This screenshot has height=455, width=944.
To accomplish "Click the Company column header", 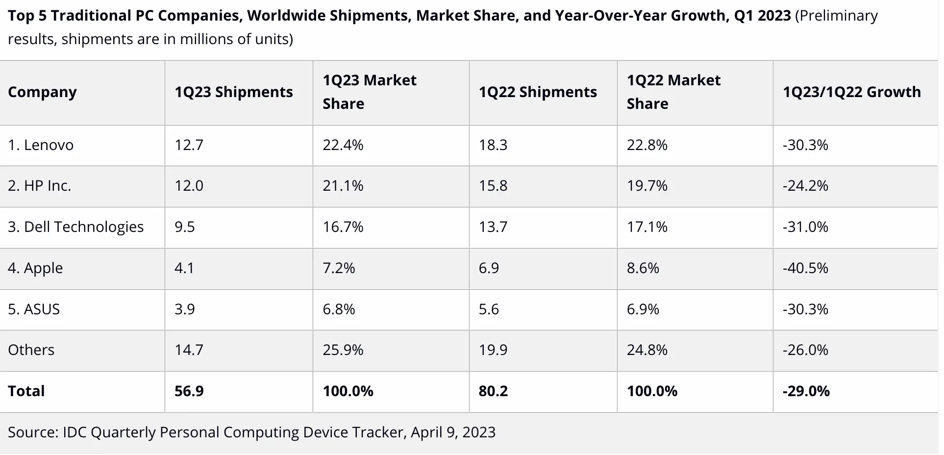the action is (42, 92).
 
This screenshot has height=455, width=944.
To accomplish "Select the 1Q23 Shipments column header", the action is (234, 92).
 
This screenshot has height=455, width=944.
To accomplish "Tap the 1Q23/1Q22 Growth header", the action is (852, 92).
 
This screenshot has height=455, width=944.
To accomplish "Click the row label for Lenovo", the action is (41, 145).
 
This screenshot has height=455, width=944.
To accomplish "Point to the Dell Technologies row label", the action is (76, 227).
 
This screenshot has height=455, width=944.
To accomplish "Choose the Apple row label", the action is (35, 268).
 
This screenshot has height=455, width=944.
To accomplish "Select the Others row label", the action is (31, 350).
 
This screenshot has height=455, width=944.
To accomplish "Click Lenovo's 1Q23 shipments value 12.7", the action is (189, 145).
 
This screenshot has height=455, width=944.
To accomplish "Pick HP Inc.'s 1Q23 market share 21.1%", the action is (343, 186).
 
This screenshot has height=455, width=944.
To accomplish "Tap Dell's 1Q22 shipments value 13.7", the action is (493, 227).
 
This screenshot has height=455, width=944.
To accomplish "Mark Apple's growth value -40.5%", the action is (805, 268).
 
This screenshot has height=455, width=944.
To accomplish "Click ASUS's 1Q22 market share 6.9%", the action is (643, 309).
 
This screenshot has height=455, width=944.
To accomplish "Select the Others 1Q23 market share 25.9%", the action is (343, 350).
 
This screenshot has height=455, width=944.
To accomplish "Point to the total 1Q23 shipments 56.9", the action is (189, 391).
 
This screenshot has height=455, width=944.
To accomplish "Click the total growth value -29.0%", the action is (806, 391).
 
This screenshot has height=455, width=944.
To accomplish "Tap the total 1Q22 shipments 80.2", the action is (494, 391).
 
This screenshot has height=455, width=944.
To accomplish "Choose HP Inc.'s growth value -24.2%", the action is (805, 186).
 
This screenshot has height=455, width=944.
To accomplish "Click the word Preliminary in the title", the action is (837, 16).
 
